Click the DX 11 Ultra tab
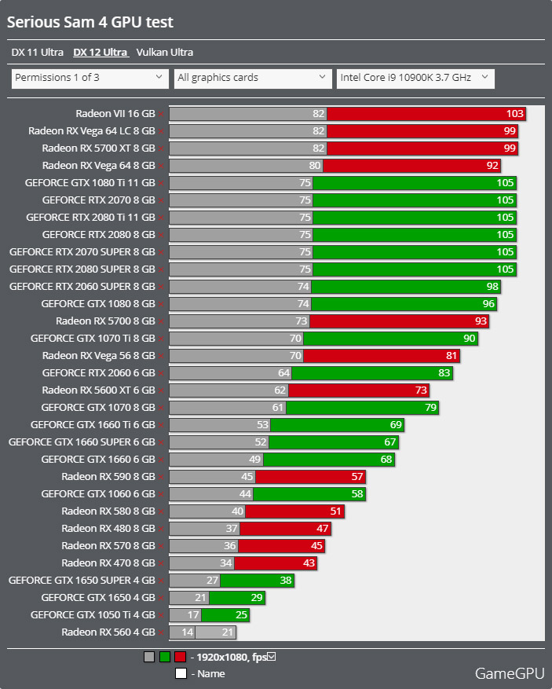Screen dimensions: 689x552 (38, 53)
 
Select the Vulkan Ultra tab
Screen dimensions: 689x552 (164, 53)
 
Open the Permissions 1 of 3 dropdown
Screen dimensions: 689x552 (90, 78)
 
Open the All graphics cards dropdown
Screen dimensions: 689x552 (253, 78)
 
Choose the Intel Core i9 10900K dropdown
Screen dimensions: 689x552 (415, 78)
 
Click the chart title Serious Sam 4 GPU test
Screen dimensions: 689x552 (90, 23)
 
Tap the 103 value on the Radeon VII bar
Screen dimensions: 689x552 (514, 114)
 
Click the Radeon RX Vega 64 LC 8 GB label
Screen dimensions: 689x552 (91, 131)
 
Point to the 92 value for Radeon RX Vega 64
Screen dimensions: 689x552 (492, 166)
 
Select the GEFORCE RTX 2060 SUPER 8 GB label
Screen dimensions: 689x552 (82, 287)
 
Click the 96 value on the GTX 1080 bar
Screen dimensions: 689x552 (488, 304)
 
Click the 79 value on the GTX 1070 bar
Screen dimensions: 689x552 (430, 408)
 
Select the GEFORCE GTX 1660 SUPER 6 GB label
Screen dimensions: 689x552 (82, 442)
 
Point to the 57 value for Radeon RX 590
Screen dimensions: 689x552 (357, 477)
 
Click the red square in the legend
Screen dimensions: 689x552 (180, 658)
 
